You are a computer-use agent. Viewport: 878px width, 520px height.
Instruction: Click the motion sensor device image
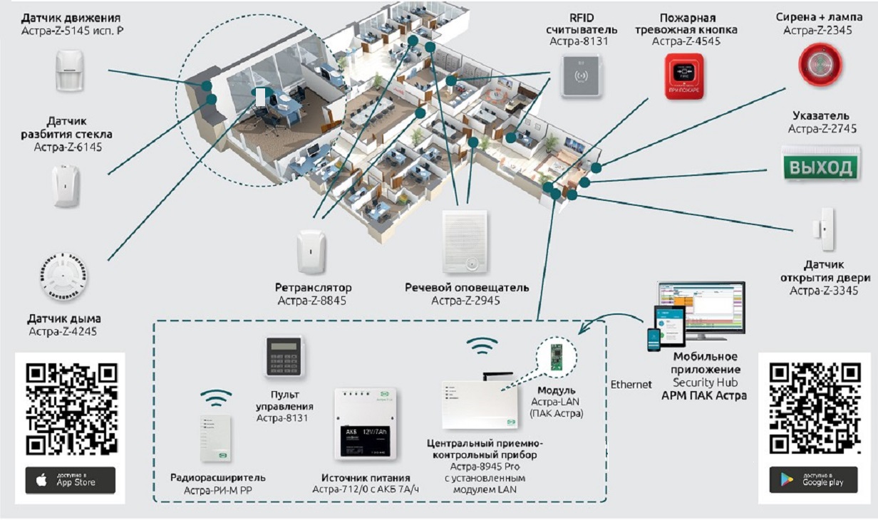[x=70, y=70]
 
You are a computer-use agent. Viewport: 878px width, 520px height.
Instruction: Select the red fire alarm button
[x=684, y=76]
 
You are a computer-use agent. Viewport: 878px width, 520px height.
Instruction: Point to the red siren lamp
[x=820, y=64]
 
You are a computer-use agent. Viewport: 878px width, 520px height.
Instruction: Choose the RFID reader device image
[x=582, y=75]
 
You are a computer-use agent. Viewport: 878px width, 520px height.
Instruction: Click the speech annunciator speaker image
[x=464, y=242]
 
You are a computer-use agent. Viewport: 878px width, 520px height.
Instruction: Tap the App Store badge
[x=70, y=481]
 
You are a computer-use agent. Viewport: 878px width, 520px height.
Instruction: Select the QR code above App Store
[x=71, y=409]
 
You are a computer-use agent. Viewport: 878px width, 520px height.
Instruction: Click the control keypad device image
[x=284, y=355]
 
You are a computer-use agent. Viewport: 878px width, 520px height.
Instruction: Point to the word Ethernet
[x=631, y=385]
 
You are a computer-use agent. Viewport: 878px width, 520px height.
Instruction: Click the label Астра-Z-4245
[x=63, y=331]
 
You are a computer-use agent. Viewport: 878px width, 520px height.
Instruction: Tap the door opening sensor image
[x=825, y=229]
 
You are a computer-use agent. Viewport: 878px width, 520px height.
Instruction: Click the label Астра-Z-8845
[x=313, y=301]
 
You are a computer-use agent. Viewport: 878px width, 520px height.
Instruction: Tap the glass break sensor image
[x=66, y=185]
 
